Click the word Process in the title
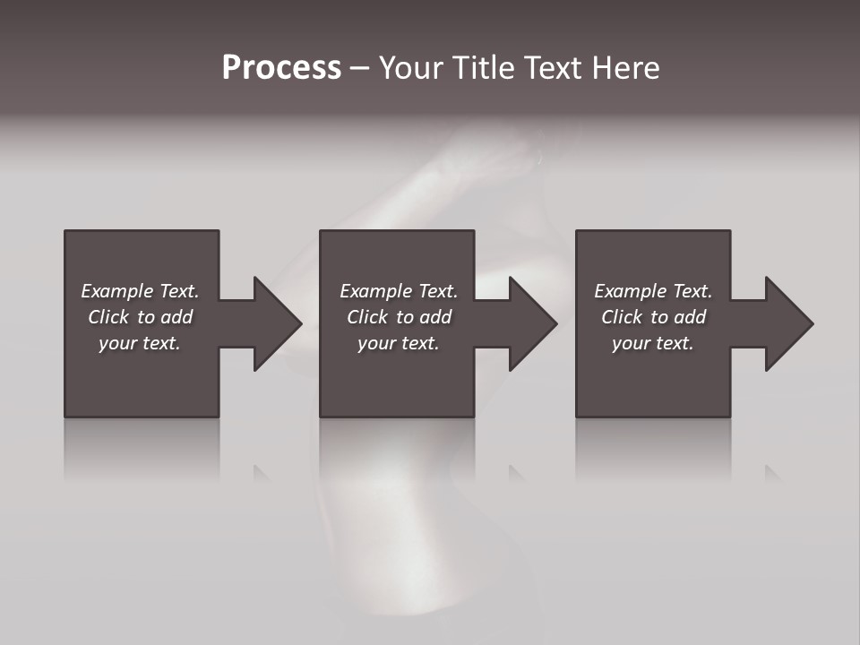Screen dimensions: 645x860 coord(281,68)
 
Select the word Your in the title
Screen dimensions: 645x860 coord(411,68)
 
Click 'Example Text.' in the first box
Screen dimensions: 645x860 coord(140,291)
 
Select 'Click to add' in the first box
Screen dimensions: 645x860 coord(140,317)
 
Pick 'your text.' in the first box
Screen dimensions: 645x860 coord(140,343)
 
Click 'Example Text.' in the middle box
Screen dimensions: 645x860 coord(399,291)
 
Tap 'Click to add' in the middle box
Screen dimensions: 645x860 coord(399,317)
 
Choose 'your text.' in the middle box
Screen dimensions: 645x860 coord(399,343)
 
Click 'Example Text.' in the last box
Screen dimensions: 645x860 coord(653,291)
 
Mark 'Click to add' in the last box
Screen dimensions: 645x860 coord(653,317)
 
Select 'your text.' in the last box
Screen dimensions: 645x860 coord(653,343)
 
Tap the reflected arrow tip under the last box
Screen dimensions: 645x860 coord(772,473)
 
